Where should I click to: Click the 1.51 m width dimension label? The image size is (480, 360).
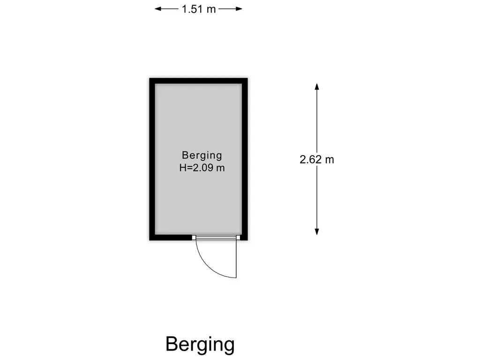point(199,9)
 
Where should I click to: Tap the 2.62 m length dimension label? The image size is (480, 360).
point(317,159)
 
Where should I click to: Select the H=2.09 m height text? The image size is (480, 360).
point(202,168)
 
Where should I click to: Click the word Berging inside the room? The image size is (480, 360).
point(202,156)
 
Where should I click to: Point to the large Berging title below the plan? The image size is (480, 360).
point(200,345)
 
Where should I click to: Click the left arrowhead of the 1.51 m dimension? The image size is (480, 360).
point(157,9)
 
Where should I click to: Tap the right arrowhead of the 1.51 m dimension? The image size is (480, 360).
point(239,9)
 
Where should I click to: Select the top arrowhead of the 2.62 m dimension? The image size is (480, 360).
point(317,86)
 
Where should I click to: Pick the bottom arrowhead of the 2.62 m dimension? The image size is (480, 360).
point(317,232)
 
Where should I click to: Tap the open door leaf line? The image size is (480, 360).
point(236,259)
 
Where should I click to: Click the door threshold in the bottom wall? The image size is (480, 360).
point(216,237)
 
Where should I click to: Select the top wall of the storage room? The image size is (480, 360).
point(198,81)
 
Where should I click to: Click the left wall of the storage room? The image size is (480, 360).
point(152,159)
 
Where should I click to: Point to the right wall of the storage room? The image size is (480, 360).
point(245,159)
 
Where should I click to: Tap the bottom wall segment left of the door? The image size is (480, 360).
point(171,238)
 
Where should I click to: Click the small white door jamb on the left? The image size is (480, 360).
point(194,237)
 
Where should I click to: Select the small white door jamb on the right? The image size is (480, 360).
point(238,237)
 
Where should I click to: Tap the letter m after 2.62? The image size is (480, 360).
point(330,160)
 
